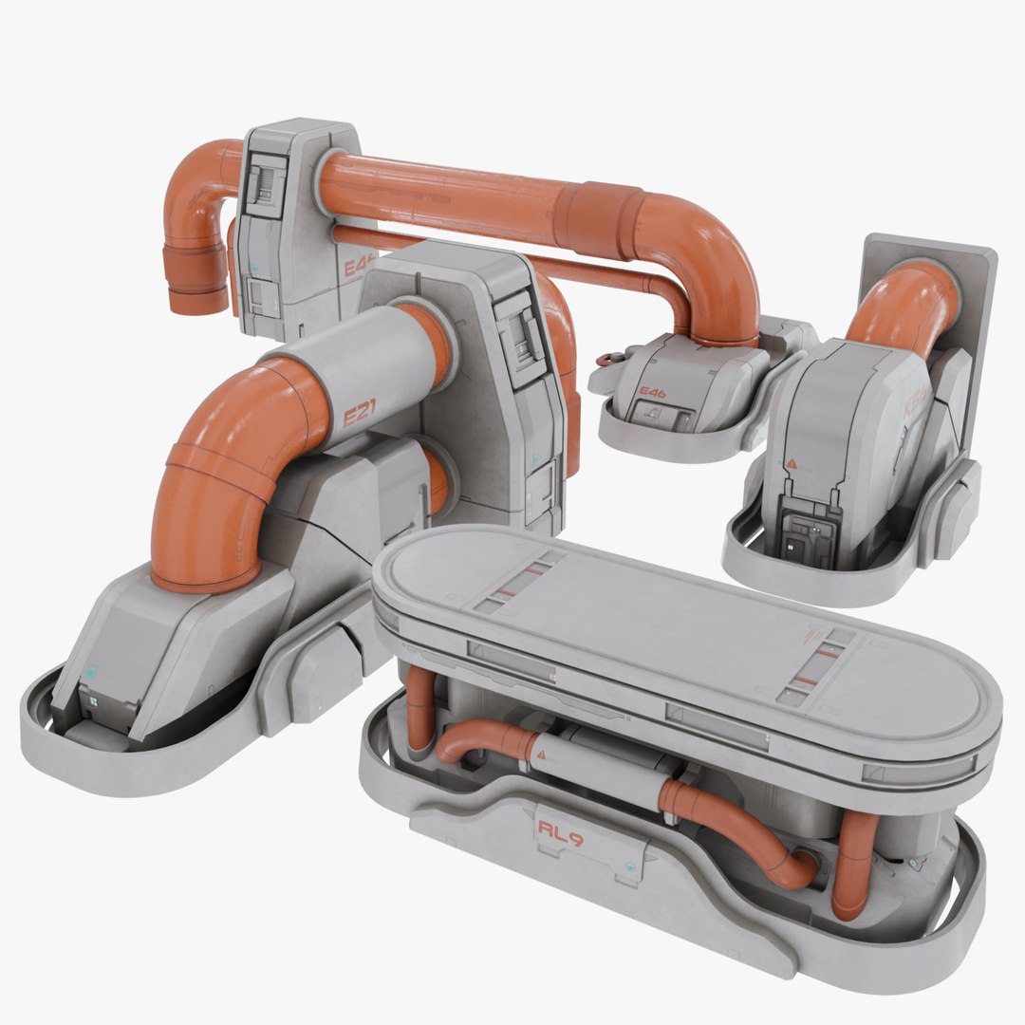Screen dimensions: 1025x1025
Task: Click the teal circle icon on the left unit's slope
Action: pos(90,668)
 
